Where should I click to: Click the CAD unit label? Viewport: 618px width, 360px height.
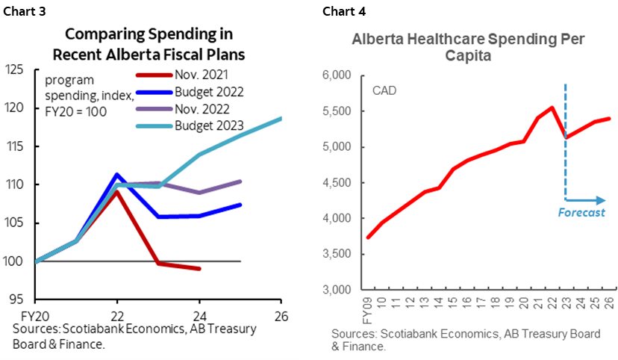(x=384, y=91)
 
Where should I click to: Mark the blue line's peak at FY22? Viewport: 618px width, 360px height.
(x=116, y=174)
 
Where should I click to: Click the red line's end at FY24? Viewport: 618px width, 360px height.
(x=199, y=269)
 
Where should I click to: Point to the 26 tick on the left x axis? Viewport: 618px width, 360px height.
(x=281, y=314)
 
